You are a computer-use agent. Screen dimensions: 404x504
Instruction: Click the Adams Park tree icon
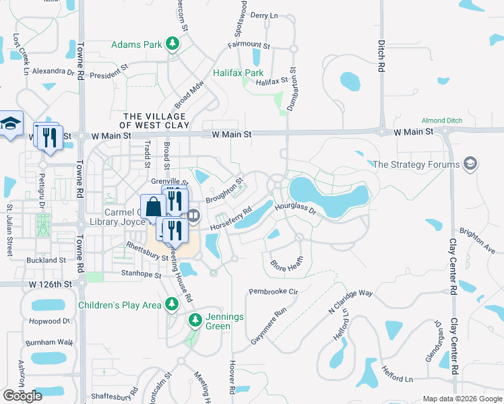pyautogui.click(x=173, y=44)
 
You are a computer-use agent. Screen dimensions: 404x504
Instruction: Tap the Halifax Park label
pyautogui.click(x=238, y=72)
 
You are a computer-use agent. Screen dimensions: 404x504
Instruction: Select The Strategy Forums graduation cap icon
pyautogui.click(x=470, y=164)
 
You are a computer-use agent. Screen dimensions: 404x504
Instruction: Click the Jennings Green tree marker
pyautogui.click(x=195, y=320)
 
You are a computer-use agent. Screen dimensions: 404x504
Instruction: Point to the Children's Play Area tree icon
pyautogui.click(x=172, y=305)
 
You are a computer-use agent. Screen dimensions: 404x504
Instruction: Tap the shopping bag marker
pyautogui.click(x=153, y=206)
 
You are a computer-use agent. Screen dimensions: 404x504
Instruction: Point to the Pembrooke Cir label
pyautogui.click(x=273, y=292)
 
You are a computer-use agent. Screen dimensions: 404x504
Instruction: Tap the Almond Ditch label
pyautogui.click(x=442, y=121)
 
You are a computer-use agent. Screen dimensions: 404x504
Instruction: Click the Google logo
pyautogui.click(x=22, y=395)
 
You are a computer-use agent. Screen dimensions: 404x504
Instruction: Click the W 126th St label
pyautogui.click(x=51, y=285)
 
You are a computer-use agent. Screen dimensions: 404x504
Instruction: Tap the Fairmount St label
pyautogui.click(x=249, y=47)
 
